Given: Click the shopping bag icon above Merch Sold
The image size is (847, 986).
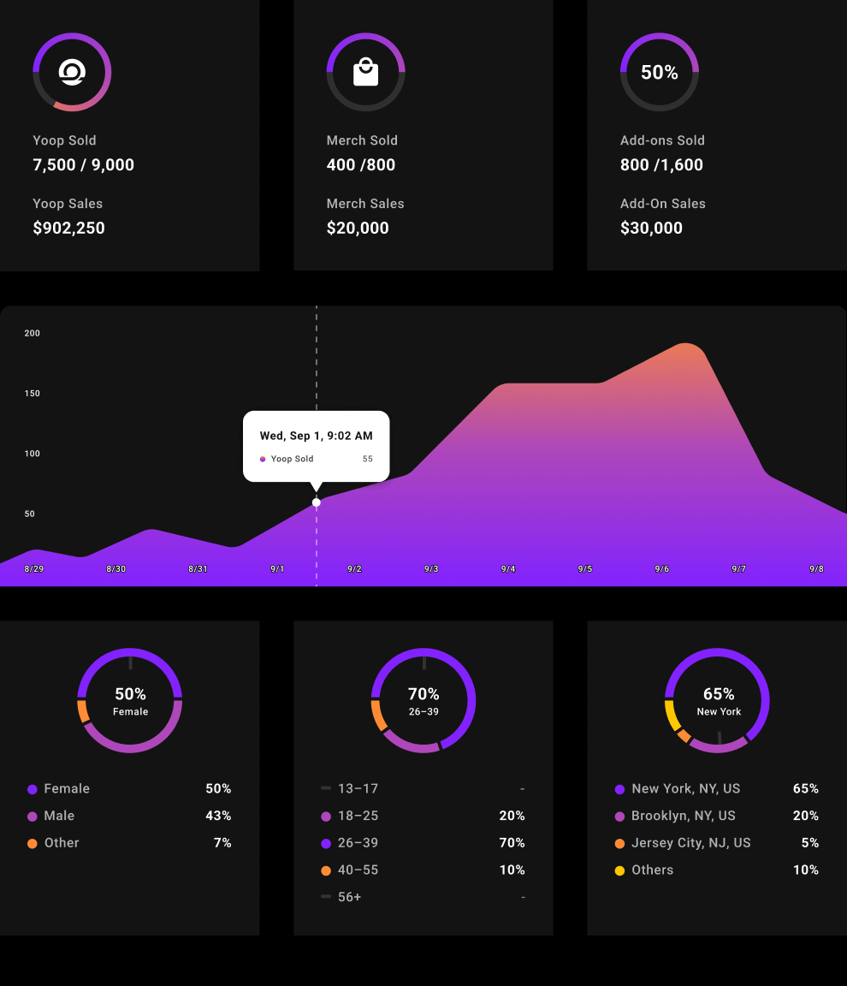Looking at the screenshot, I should [365, 72].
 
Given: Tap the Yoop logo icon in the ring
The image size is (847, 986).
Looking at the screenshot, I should [72, 73].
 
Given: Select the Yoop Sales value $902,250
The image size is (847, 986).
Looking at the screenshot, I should [69, 229].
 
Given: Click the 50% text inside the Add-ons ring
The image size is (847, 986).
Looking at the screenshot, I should [660, 73].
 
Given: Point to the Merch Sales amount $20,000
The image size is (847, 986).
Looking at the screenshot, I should [358, 229].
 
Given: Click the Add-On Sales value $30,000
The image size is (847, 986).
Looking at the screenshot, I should [652, 229].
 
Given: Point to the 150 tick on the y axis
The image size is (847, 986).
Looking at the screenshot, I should [33, 394].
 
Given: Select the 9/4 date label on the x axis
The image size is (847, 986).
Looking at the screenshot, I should [508, 569].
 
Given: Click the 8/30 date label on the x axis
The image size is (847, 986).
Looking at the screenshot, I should [116, 569].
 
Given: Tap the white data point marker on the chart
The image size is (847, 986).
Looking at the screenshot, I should [317, 502].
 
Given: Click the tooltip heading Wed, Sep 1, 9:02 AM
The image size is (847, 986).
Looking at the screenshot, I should [317, 436].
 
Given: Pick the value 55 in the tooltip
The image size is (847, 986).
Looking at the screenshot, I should [368, 459].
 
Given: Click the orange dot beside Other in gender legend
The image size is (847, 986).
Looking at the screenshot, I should [33, 843].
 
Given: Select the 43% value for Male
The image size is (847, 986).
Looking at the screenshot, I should [218, 816].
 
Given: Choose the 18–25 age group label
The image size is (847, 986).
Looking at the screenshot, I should [358, 816].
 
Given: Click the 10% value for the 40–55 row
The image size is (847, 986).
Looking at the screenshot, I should [512, 870].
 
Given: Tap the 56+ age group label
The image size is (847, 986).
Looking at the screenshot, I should [350, 897].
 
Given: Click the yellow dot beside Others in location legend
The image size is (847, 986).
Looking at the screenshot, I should [619, 870].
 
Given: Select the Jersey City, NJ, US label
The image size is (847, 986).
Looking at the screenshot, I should [691, 843].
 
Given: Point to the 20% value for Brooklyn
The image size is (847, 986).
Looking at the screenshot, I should [806, 816].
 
